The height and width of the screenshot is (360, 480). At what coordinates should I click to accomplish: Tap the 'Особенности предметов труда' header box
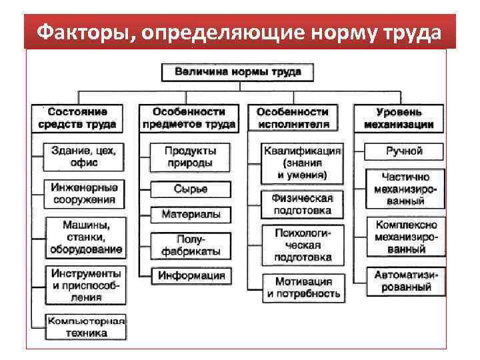pyautogui.click(x=189, y=118)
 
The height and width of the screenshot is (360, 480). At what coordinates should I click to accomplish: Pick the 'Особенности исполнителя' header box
pyautogui.click(x=293, y=118)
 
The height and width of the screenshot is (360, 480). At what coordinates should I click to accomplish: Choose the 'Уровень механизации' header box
pyautogui.click(x=400, y=118)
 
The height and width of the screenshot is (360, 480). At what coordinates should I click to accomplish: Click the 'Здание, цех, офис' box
pyautogui.click(x=83, y=157)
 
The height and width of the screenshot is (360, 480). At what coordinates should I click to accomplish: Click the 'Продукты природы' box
pyautogui.click(x=190, y=157)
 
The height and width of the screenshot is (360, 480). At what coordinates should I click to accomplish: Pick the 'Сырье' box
pyautogui.click(x=190, y=189)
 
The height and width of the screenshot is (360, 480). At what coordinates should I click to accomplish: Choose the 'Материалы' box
pyautogui.click(x=190, y=214)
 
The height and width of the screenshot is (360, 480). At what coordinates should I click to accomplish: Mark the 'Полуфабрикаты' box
pyautogui.click(x=190, y=245)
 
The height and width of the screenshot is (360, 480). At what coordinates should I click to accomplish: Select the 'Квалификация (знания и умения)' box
pyautogui.click(x=302, y=163)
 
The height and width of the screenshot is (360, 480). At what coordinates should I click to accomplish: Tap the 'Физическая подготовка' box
pyautogui.click(x=302, y=204)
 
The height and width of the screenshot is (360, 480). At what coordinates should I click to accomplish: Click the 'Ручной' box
pyautogui.click(x=404, y=151)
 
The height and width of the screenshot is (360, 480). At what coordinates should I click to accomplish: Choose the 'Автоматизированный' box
pyautogui.click(x=404, y=281)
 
